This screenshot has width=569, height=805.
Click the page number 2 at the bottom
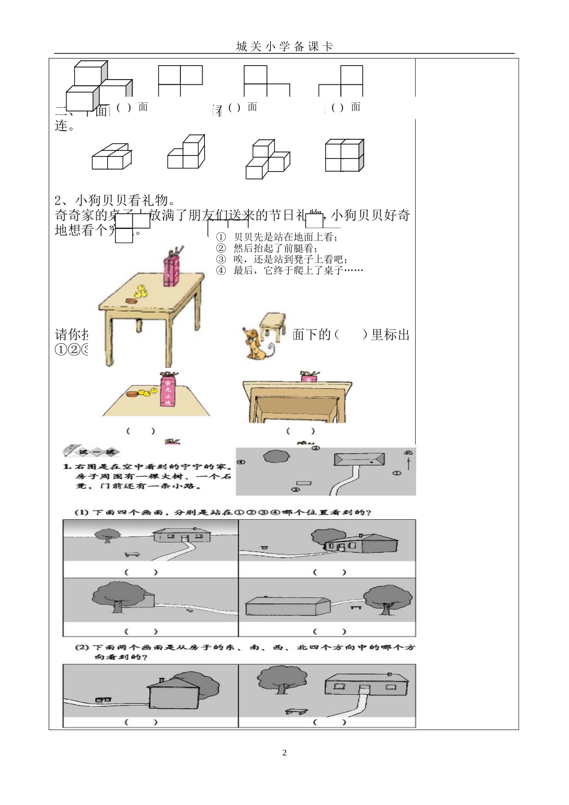pos(284,753)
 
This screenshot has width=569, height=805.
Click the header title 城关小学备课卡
pos(284,47)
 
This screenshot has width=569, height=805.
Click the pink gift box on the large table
pos(172,270)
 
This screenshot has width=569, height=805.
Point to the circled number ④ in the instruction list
pos(221,271)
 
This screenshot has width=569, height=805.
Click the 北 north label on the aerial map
pos(408,453)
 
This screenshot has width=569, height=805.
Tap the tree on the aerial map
pos(277,457)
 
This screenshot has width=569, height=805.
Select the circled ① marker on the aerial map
pos(397,473)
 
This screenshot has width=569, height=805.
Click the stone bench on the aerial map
pos(304,483)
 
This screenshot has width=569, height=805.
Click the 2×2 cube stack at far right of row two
pos(344,156)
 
